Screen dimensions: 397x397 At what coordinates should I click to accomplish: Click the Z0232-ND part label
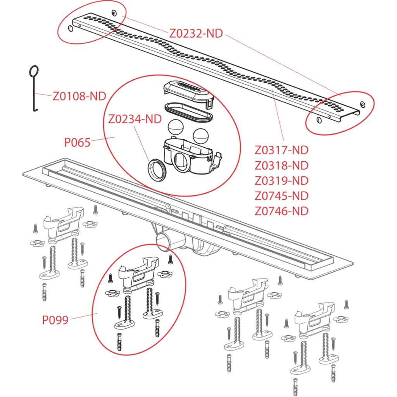[x=196, y=33]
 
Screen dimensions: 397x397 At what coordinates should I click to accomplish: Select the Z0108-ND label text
[x=79, y=96]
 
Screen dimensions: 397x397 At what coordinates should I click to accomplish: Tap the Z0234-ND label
[x=135, y=119]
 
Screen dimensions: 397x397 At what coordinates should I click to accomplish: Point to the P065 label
[x=77, y=143]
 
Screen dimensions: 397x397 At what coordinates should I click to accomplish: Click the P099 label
[x=55, y=320]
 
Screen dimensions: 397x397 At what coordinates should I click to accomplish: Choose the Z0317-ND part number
[x=281, y=150]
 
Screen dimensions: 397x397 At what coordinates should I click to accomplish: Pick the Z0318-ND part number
[x=281, y=165]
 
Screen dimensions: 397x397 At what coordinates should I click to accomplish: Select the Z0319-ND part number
[x=281, y=180]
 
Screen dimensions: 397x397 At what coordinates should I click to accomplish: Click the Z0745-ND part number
[x=281, y=196]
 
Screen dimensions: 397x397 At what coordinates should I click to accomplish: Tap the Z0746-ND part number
[x=281, y=211]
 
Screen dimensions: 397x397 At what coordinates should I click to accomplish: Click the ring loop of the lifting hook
[x=34, y=71]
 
